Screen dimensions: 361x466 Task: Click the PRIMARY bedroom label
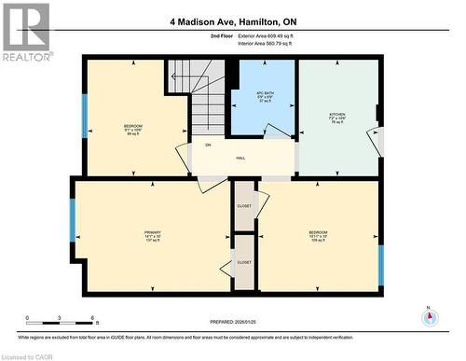coord(152,236)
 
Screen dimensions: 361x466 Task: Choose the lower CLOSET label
coord(244,263)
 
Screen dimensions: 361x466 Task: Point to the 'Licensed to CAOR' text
coord(29,355)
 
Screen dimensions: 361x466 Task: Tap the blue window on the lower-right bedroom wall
coord(379,264)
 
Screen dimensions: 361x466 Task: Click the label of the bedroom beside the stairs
coord(134,129)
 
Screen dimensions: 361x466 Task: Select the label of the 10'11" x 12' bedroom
coord(319,235)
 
